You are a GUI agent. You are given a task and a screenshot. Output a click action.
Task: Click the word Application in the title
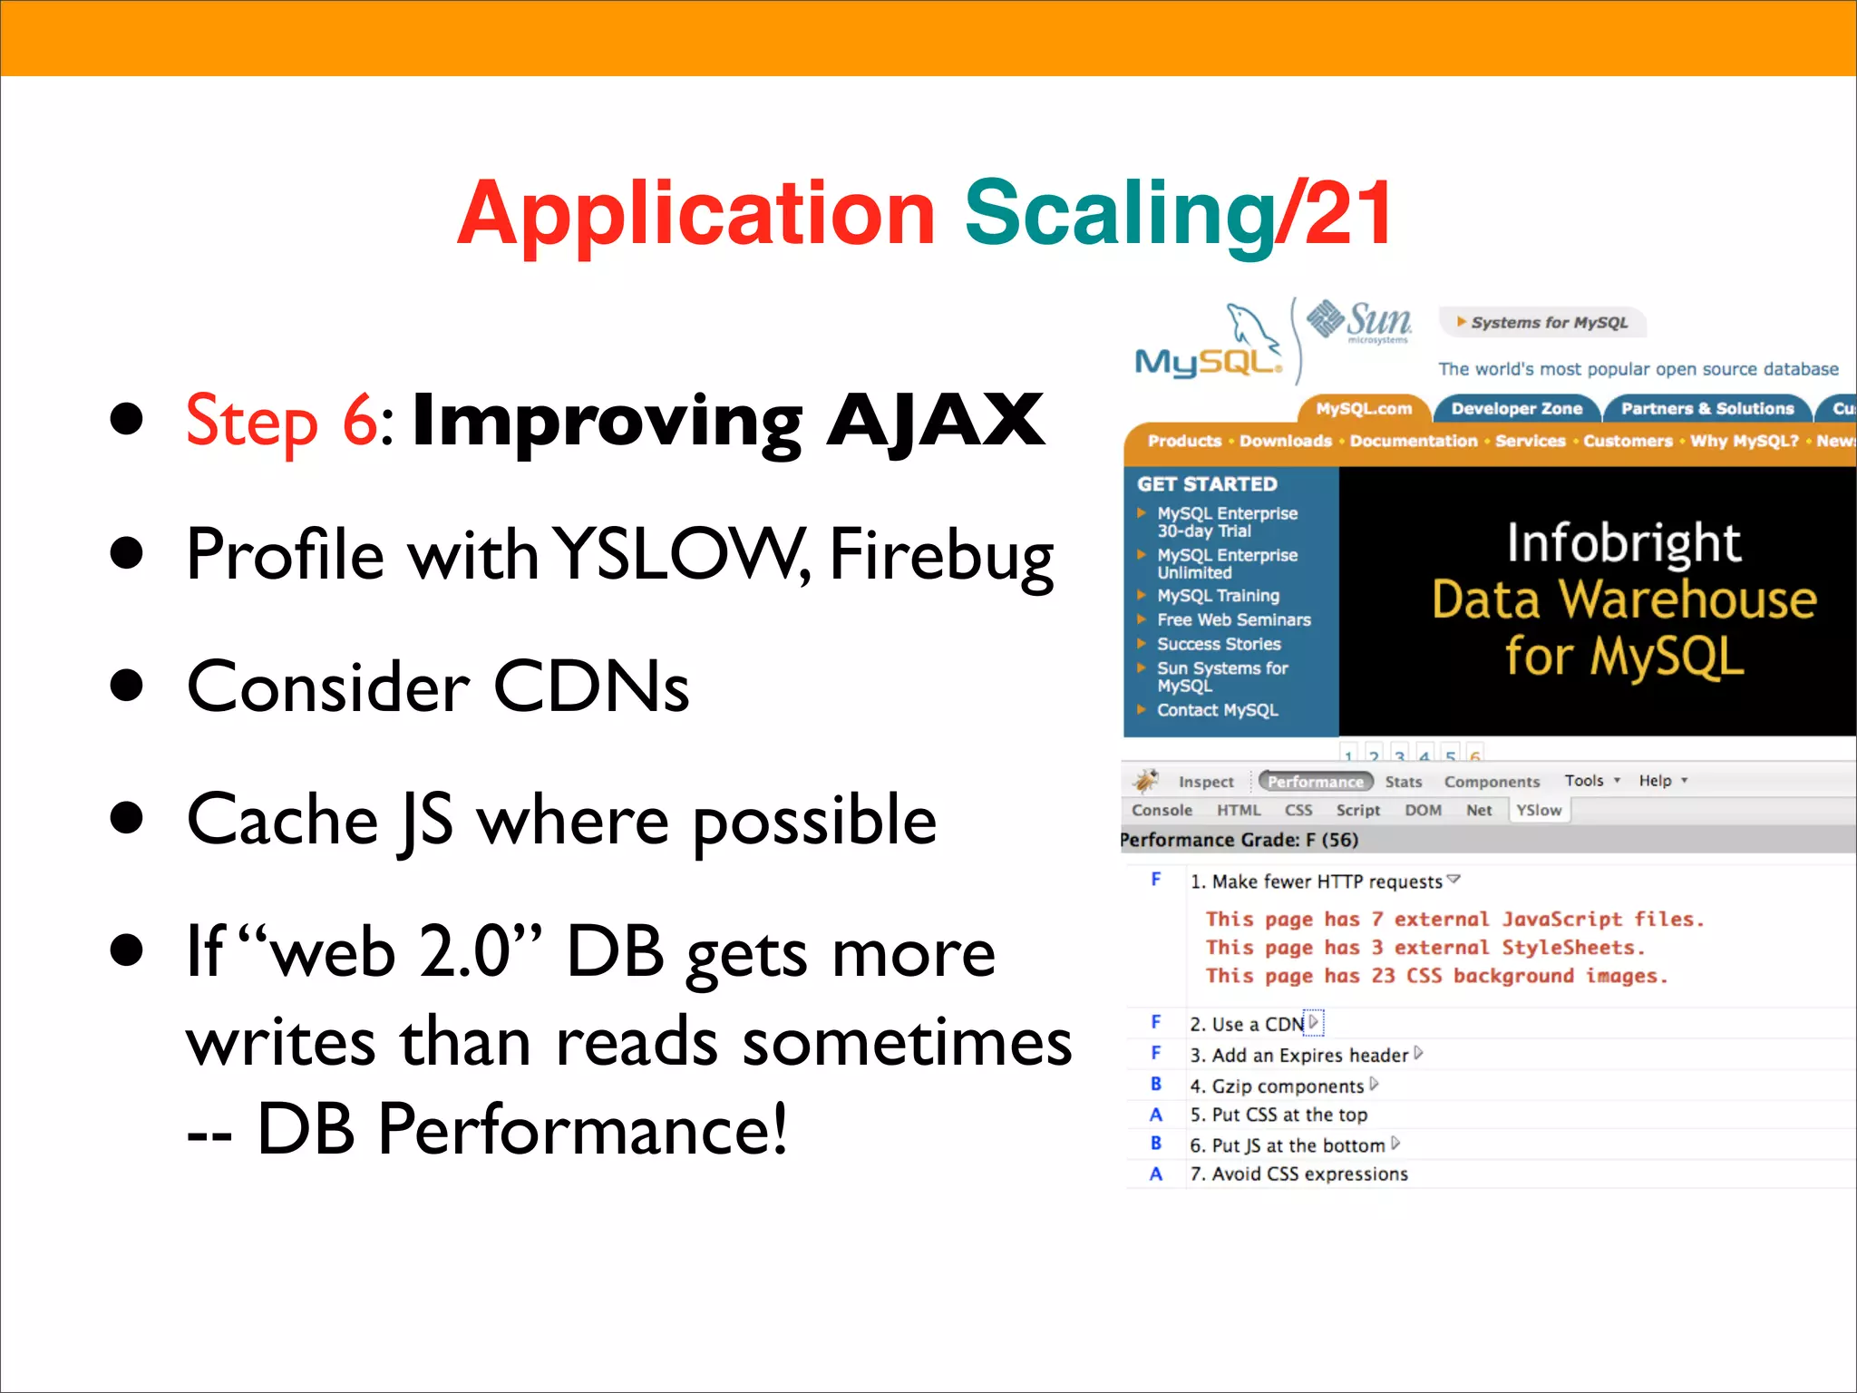[696, 214]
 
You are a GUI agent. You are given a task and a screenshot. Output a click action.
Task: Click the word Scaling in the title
[1119, 214]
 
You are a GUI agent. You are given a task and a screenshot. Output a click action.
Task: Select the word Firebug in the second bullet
[941, 555]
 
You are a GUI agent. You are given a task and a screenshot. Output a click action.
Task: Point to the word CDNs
[591, 687]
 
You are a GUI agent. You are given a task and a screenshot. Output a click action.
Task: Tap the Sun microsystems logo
[1359, 322]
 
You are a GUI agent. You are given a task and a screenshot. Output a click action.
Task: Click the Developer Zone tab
[1516, 409]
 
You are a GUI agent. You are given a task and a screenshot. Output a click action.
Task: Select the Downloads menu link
[1285, 441]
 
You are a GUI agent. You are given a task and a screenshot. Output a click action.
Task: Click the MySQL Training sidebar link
[1217, 596]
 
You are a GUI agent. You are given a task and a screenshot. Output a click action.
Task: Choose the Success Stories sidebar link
[1218, 644]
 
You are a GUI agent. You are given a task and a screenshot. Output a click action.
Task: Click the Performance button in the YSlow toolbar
[1315, 782]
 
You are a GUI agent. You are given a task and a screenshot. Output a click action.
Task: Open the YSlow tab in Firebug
[1539, 810]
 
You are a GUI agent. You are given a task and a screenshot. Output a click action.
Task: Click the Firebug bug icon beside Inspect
[1145, 780]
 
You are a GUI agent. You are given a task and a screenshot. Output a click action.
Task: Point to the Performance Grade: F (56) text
[1239, 840]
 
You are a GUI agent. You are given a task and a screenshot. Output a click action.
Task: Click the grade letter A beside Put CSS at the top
[1156, 1115]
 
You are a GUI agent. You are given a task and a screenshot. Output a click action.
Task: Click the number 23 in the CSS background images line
[1382, 976]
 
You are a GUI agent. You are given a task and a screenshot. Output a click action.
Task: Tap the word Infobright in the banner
[1623, 542]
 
